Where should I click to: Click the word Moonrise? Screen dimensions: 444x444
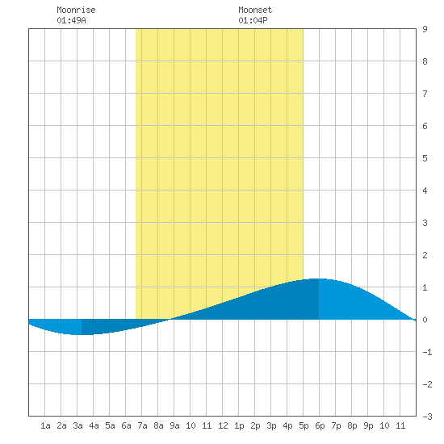(x=76, y=10)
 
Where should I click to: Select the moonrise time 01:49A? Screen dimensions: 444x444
(x=71, y=20)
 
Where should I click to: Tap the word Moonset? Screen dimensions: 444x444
(x=255, y=10)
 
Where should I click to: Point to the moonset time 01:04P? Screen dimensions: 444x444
(x=253, y=20)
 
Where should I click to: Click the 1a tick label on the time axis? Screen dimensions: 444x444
(x=45, y=425)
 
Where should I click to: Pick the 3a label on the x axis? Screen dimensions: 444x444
(x=77, y=425)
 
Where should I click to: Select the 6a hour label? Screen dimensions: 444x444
(x=126, y=425)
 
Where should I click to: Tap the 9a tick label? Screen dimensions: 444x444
(x=174, y=425)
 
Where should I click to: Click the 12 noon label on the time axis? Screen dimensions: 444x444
(x=223, y=425)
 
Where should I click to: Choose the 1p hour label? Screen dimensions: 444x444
(x=239, y=425)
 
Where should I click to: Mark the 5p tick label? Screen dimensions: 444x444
(x=304, y=425)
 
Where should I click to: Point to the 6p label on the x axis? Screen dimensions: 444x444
(x=320, y=425)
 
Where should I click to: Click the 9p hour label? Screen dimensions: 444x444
(x=368, y=425)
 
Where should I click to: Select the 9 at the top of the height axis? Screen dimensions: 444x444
(x=425, y=29)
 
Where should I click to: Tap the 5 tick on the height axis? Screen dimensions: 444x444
(x=425, y=158)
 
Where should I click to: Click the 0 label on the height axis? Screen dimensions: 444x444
(x=425, y=320)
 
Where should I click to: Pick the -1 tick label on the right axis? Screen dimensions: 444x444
(x=427, y=352)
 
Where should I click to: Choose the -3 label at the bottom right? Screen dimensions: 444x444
(x=427, y=417)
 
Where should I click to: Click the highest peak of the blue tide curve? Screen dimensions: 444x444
(x=319, y=279)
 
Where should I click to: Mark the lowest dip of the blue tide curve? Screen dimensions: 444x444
(x=80, y=334)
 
